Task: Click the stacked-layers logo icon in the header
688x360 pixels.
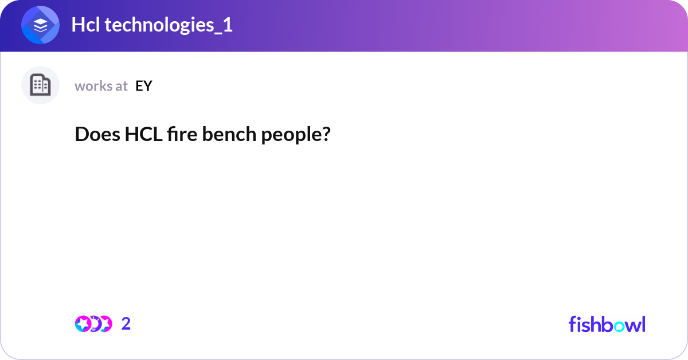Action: pos(41,25)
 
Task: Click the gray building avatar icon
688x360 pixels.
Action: pos(40,85)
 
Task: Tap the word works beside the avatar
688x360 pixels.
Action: pos(93,86)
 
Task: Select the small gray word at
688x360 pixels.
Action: pos(121,86)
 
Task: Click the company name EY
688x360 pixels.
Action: pos(144,86)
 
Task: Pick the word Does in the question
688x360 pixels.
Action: pos(97,135)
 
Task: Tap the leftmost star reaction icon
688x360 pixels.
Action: pos(83,324)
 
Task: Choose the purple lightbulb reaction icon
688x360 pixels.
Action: pos(95,324)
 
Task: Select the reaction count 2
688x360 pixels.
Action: pos(126,324)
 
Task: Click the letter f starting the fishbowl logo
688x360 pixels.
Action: pos(572,324)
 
